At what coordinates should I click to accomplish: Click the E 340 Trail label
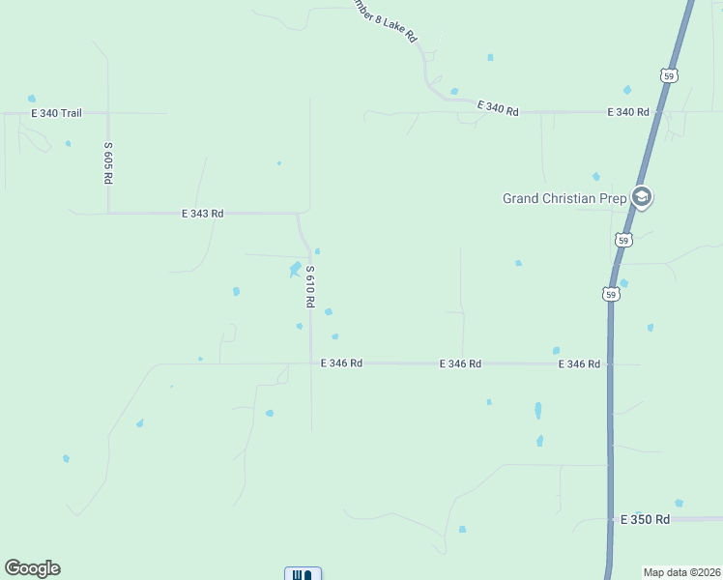[59, 113]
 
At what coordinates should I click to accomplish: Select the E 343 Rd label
[203, 213]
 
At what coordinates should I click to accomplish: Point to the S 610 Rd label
[310, 287]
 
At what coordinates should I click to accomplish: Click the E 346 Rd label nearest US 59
[579, 364]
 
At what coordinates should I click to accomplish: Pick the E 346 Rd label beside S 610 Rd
[341, 363]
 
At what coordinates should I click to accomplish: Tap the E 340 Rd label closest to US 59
[627, 112]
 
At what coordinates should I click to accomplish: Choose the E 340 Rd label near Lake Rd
[498, 108]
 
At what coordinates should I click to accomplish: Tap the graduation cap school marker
[641, 197]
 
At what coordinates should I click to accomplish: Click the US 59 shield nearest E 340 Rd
[669, 75]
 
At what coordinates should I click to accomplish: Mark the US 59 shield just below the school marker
[624, 240]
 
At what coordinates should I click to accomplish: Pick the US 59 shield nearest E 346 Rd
[610, 293]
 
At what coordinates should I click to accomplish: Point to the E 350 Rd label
[646, 519]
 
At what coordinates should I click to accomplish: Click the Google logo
[32, 568]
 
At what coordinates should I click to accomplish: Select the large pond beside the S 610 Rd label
[295, 269]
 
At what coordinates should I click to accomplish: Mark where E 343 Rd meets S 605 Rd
[108, 212]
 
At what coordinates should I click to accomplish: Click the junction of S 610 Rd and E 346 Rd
[310, 363]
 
